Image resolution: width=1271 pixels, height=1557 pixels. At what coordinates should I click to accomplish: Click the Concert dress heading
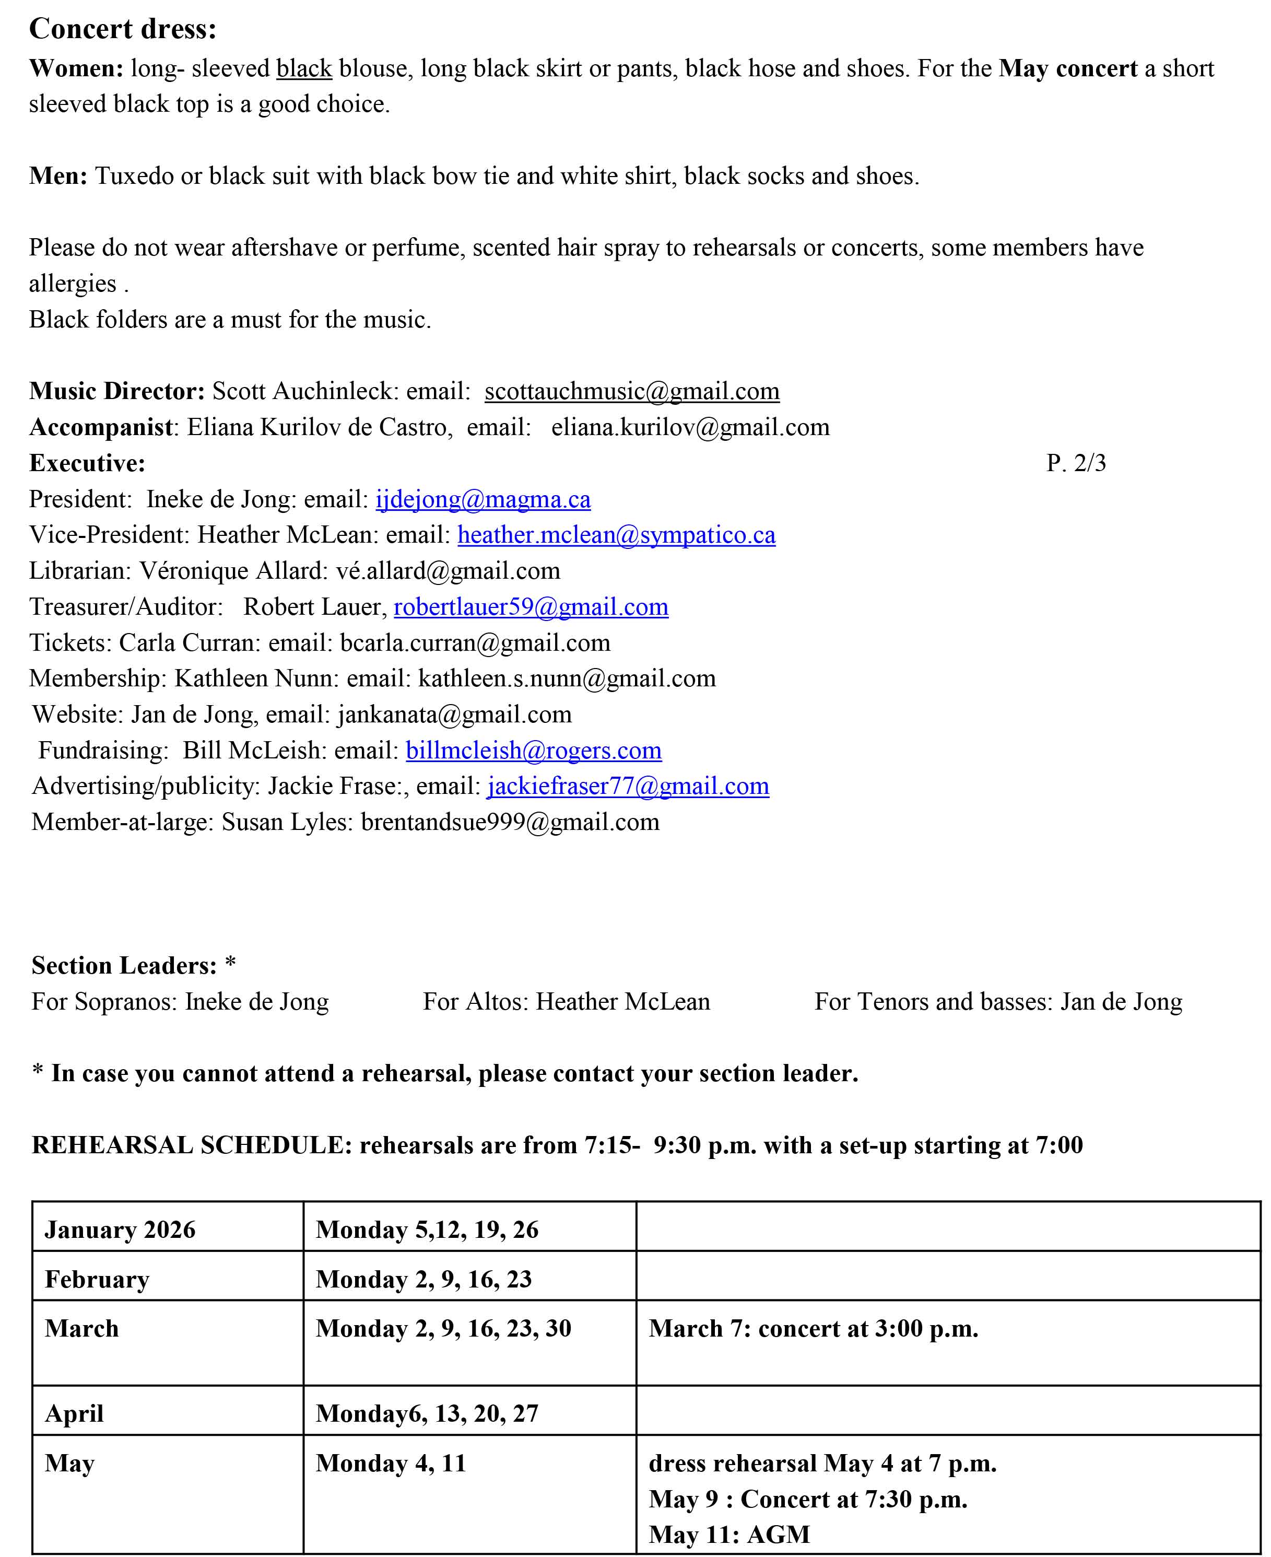coord(123,29)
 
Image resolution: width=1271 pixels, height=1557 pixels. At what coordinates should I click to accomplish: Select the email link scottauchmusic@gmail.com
coord(632,391)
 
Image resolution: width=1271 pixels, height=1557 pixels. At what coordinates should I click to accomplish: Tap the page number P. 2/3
coord(1076,463)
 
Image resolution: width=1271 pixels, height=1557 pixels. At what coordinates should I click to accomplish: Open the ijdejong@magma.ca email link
coord(483,499)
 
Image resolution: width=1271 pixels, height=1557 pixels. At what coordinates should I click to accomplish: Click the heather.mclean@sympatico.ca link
coord(617,535)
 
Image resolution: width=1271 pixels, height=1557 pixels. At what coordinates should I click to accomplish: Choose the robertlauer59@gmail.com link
coord(531,607)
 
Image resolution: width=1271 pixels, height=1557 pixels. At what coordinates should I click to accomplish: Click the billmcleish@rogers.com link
coord(534,751)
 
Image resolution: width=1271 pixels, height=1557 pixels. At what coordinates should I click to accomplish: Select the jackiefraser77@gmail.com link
coord(628,787)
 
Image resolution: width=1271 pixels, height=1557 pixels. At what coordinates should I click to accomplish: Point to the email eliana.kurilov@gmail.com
coord(690,428)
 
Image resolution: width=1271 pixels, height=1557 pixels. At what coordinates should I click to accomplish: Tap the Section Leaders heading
coord(124,966)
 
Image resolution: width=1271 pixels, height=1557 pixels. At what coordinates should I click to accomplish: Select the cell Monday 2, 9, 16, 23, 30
coord(443,1329)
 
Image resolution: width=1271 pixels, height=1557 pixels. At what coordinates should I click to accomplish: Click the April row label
coord(74,1414)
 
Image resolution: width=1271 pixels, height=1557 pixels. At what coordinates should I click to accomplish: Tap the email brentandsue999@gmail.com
coord(510,823)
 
